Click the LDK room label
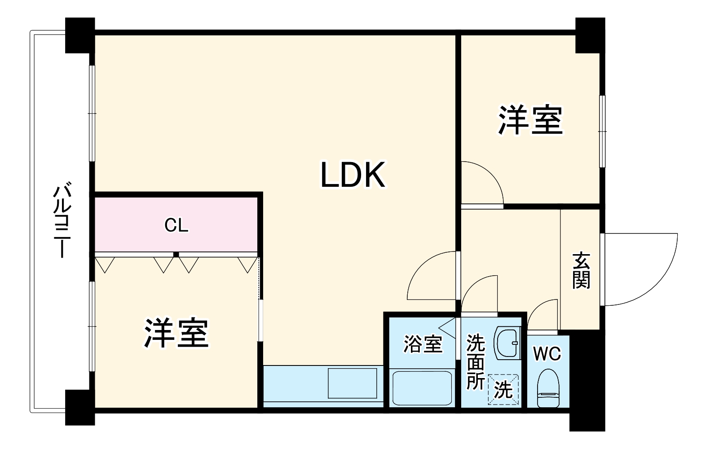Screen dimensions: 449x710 point(353,175)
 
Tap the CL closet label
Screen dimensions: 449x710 point(176,225)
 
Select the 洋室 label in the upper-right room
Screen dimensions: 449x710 point(530,120)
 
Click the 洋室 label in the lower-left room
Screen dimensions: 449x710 point(176,334)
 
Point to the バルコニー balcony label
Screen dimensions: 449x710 point(62,221)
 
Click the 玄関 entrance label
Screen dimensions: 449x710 point(581,271)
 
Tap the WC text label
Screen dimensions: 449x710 point(547,354)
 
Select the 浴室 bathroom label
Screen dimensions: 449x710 point(423,344)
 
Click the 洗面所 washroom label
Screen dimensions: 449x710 point(475,362)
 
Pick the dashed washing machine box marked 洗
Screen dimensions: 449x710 point(503,389)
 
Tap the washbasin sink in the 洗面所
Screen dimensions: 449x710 point(507,343)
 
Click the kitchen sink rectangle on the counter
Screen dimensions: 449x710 point(353,383)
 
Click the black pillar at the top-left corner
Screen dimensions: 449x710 point(80,35)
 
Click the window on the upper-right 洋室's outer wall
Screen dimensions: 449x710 point(602,132)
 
